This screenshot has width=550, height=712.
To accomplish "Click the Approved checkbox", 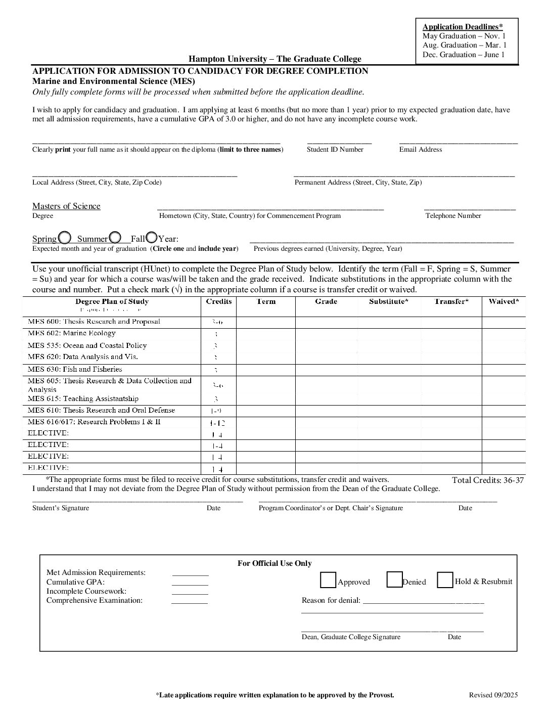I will [328, 580].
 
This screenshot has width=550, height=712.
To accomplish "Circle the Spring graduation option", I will [65, 237].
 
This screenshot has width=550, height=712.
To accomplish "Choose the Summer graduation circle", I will [115, 237].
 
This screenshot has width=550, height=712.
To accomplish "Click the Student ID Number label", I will [335, 150].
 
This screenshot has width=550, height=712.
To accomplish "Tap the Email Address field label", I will [420, 150].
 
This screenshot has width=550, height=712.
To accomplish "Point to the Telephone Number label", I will [453, 216].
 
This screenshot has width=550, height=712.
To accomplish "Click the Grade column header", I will [326, 301].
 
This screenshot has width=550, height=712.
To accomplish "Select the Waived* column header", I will [503, 301].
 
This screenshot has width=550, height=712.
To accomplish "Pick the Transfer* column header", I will [451, 301].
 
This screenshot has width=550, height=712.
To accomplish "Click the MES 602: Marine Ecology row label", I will [72, 333].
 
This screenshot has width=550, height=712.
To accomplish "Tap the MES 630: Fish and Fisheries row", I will [75, 369].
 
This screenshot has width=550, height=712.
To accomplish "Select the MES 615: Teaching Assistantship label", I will [83, 398].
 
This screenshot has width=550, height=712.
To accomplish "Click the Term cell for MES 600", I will [266, 322].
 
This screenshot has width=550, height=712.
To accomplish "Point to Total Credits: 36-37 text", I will [487, 480].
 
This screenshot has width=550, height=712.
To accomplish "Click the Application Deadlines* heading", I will [463, 27].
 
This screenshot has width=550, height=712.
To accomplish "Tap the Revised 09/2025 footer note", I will [493, 695].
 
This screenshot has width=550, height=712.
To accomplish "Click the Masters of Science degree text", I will [66, 206].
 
